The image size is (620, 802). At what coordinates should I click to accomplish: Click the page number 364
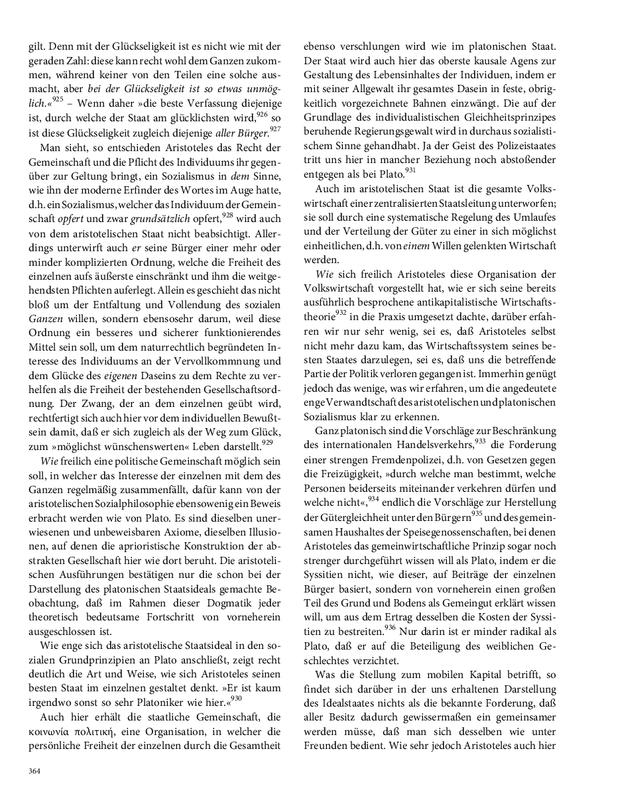[34, 771]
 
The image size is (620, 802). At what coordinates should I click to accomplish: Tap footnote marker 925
[58, 99]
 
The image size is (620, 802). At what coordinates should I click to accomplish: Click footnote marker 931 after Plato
[410, 170]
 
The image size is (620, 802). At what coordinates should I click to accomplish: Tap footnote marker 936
[389, 626]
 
